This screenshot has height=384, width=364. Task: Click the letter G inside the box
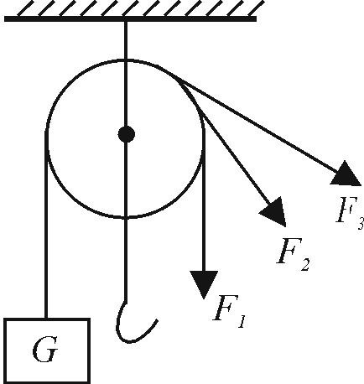point(45,350)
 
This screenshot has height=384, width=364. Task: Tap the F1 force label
point(229,311)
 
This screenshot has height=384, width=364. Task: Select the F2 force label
point(294,255)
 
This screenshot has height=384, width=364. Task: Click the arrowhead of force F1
point(204,283)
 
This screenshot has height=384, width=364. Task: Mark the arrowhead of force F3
point(346,174)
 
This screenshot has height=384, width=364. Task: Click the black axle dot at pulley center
point(127,134)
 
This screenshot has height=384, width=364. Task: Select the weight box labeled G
point(47,350)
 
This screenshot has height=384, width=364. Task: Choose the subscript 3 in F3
point(361,223)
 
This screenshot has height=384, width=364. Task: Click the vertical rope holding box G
point(46,225)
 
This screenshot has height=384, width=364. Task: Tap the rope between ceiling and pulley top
point(126,40)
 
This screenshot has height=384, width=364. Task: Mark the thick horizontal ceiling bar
point(130,19)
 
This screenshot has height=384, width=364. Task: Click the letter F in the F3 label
point(345,210)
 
